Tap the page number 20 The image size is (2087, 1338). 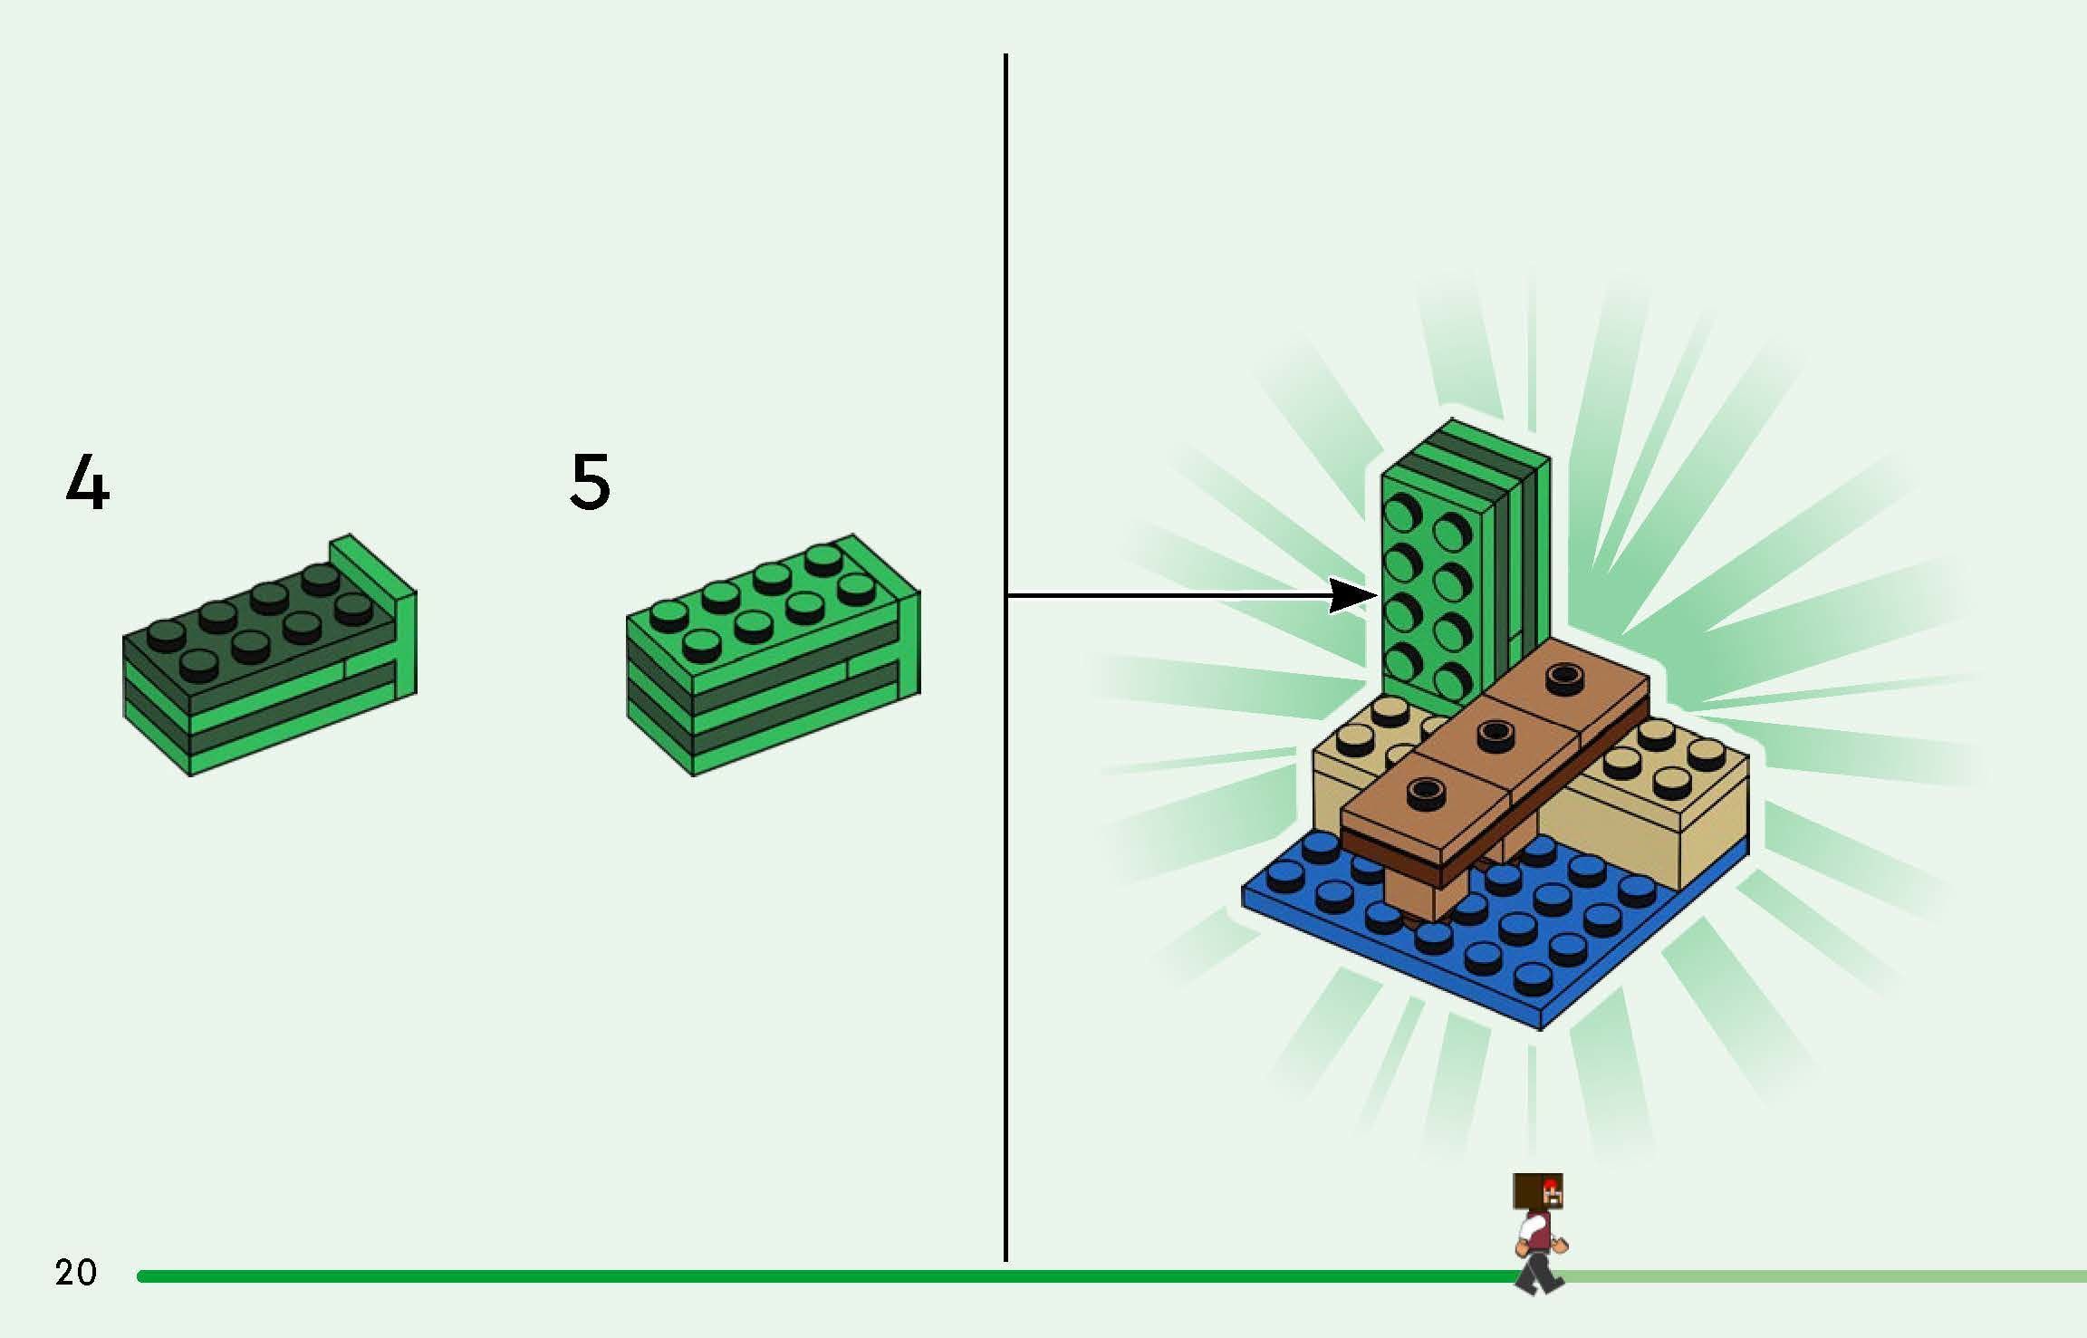[x=75, y=1273]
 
